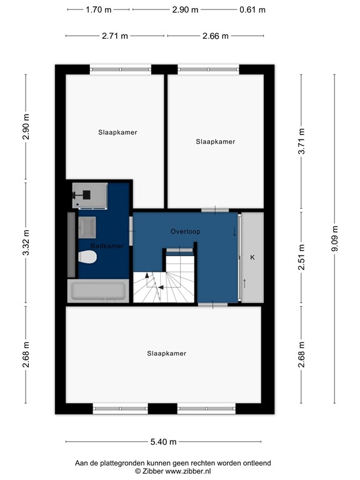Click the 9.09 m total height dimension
click(x=334, y=238)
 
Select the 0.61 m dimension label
click(x=252, y=9)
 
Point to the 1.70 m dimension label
click(x=98, y=9)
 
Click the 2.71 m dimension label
click(x=114, y=36)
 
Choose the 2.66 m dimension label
click(x=215, y=36)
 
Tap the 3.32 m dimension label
click(x=26, y=243)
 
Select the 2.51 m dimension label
click(x=301, y=258)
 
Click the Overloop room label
click(x=186, y=231)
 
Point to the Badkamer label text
click(x=106, y=246)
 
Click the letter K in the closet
click(x=252, y=257)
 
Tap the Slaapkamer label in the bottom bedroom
click(x=166, y=353)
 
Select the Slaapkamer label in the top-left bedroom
click(x=117, y=132)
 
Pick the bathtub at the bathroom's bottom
click(x=98, y=291)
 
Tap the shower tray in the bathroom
click(x=89, y=194)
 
